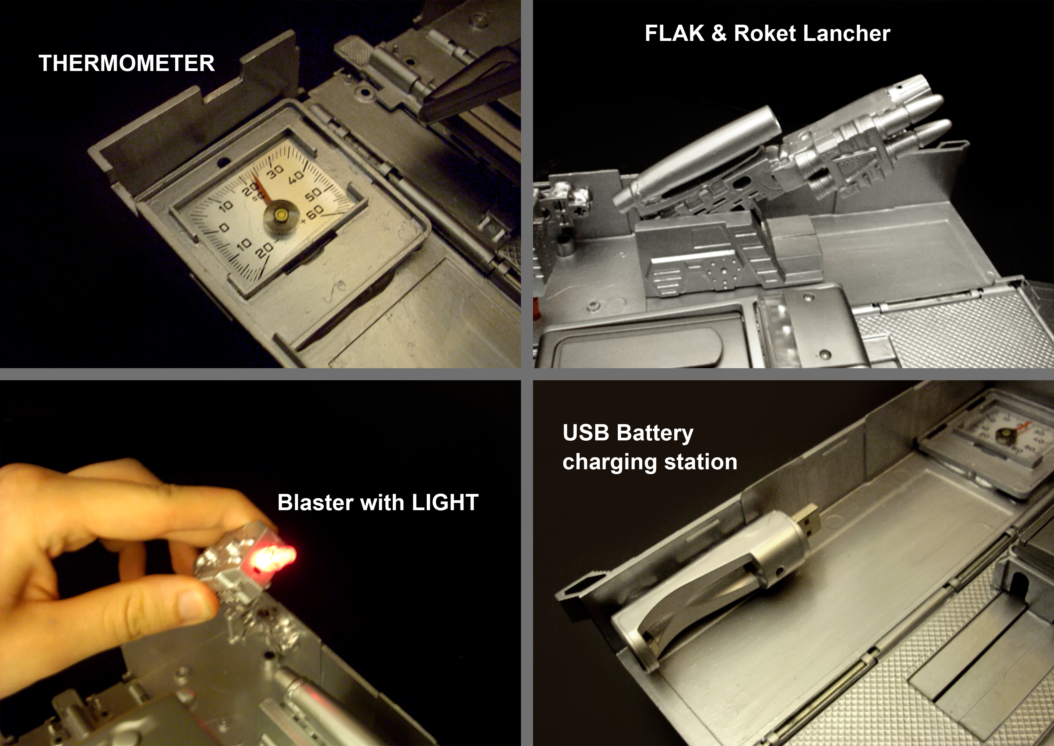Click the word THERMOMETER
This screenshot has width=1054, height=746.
(x=126, y=63)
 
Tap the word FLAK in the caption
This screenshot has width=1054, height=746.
(x=674, y=33)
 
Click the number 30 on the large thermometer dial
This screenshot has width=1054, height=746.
(x=275, y=171)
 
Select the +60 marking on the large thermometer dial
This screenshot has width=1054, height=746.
(x=313, y=214)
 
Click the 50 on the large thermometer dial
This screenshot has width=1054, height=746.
(x=313, y=195)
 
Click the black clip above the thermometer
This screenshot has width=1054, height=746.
(x=470, y=84)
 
